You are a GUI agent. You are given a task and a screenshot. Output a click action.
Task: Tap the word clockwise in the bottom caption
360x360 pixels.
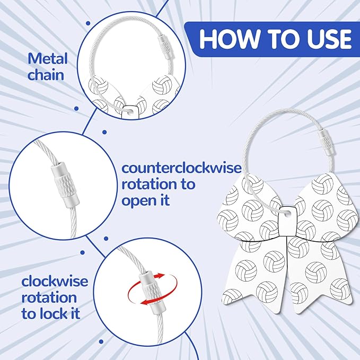pyautogui.click(x=55, y=281)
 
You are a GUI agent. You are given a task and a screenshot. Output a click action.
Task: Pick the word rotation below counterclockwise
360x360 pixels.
pyautogui.click(x=158, y=185)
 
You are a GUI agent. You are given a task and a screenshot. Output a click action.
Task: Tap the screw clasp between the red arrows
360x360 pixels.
pyautogui.click(x=146, y=289)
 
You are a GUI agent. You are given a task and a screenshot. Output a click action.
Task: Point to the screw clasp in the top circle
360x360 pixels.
pyautogui.click(x=166, y=46)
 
